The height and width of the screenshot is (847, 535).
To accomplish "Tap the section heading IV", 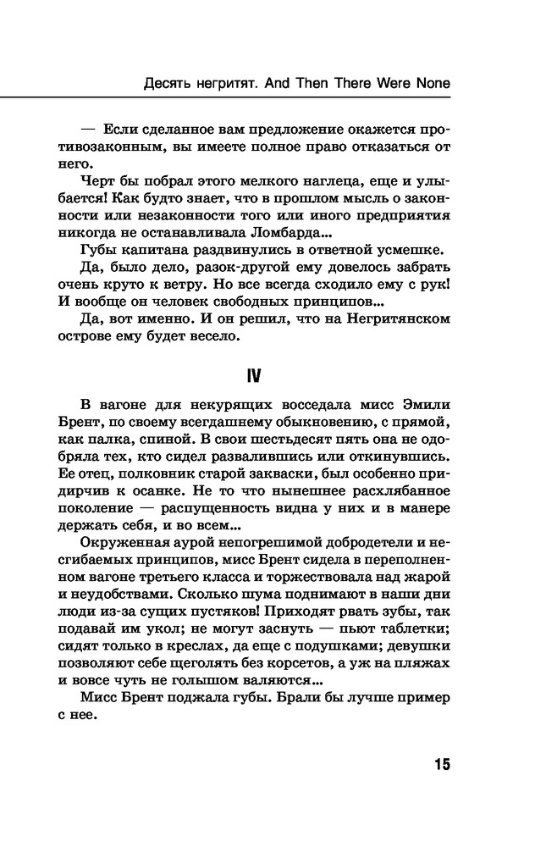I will (267, 372).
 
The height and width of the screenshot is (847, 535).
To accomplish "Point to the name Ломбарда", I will (287, 233).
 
